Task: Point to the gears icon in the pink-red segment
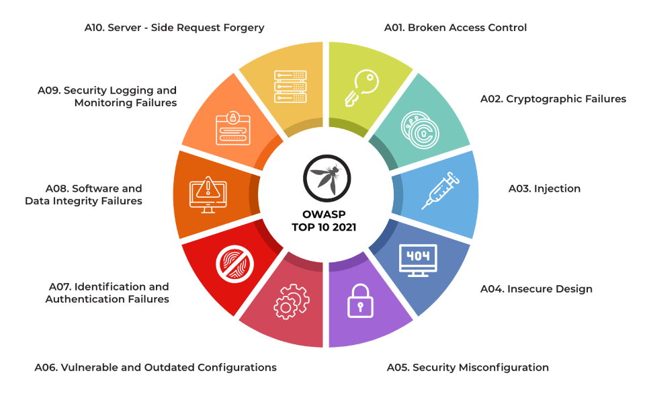point(291,301)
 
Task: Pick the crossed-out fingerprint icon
point(232,262)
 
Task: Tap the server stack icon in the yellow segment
point(290,86)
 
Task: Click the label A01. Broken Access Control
point(455,28)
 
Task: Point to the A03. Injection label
point(544,188)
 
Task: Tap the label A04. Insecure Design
point(536,289)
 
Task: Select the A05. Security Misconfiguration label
point(468,367)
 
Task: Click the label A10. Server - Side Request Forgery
point(175,28)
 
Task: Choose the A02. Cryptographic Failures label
point(553,99)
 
